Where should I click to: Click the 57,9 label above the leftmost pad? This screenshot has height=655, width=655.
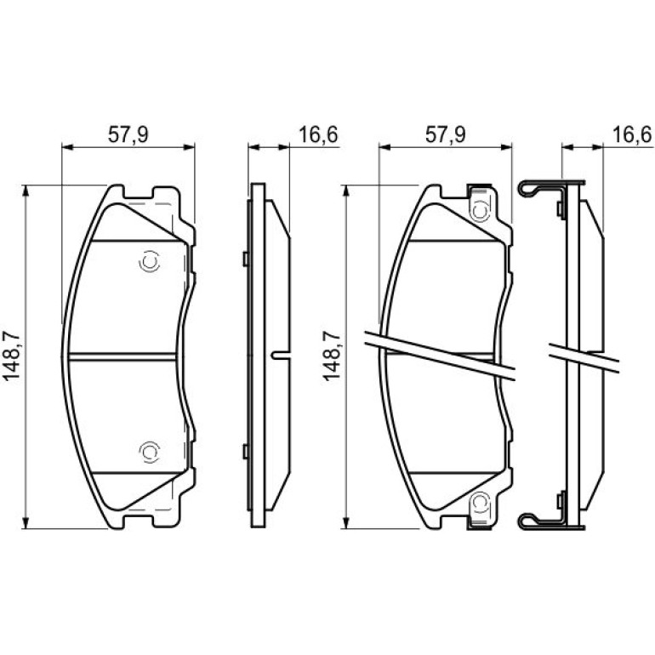(128, 135)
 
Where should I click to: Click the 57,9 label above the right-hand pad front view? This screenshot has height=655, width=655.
(445, 135)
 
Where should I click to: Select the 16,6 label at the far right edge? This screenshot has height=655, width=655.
(632, 135)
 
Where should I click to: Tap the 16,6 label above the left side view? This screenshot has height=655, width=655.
(318, 135)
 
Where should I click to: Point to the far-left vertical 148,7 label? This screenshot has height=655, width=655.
(12, 355)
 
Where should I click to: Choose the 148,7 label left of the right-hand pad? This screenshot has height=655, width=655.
(332, 355)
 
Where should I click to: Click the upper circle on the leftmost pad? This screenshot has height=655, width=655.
(150, 262)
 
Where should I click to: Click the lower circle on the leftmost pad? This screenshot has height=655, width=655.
(150, 452)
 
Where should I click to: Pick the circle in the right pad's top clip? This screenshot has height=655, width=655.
(480, 211)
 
